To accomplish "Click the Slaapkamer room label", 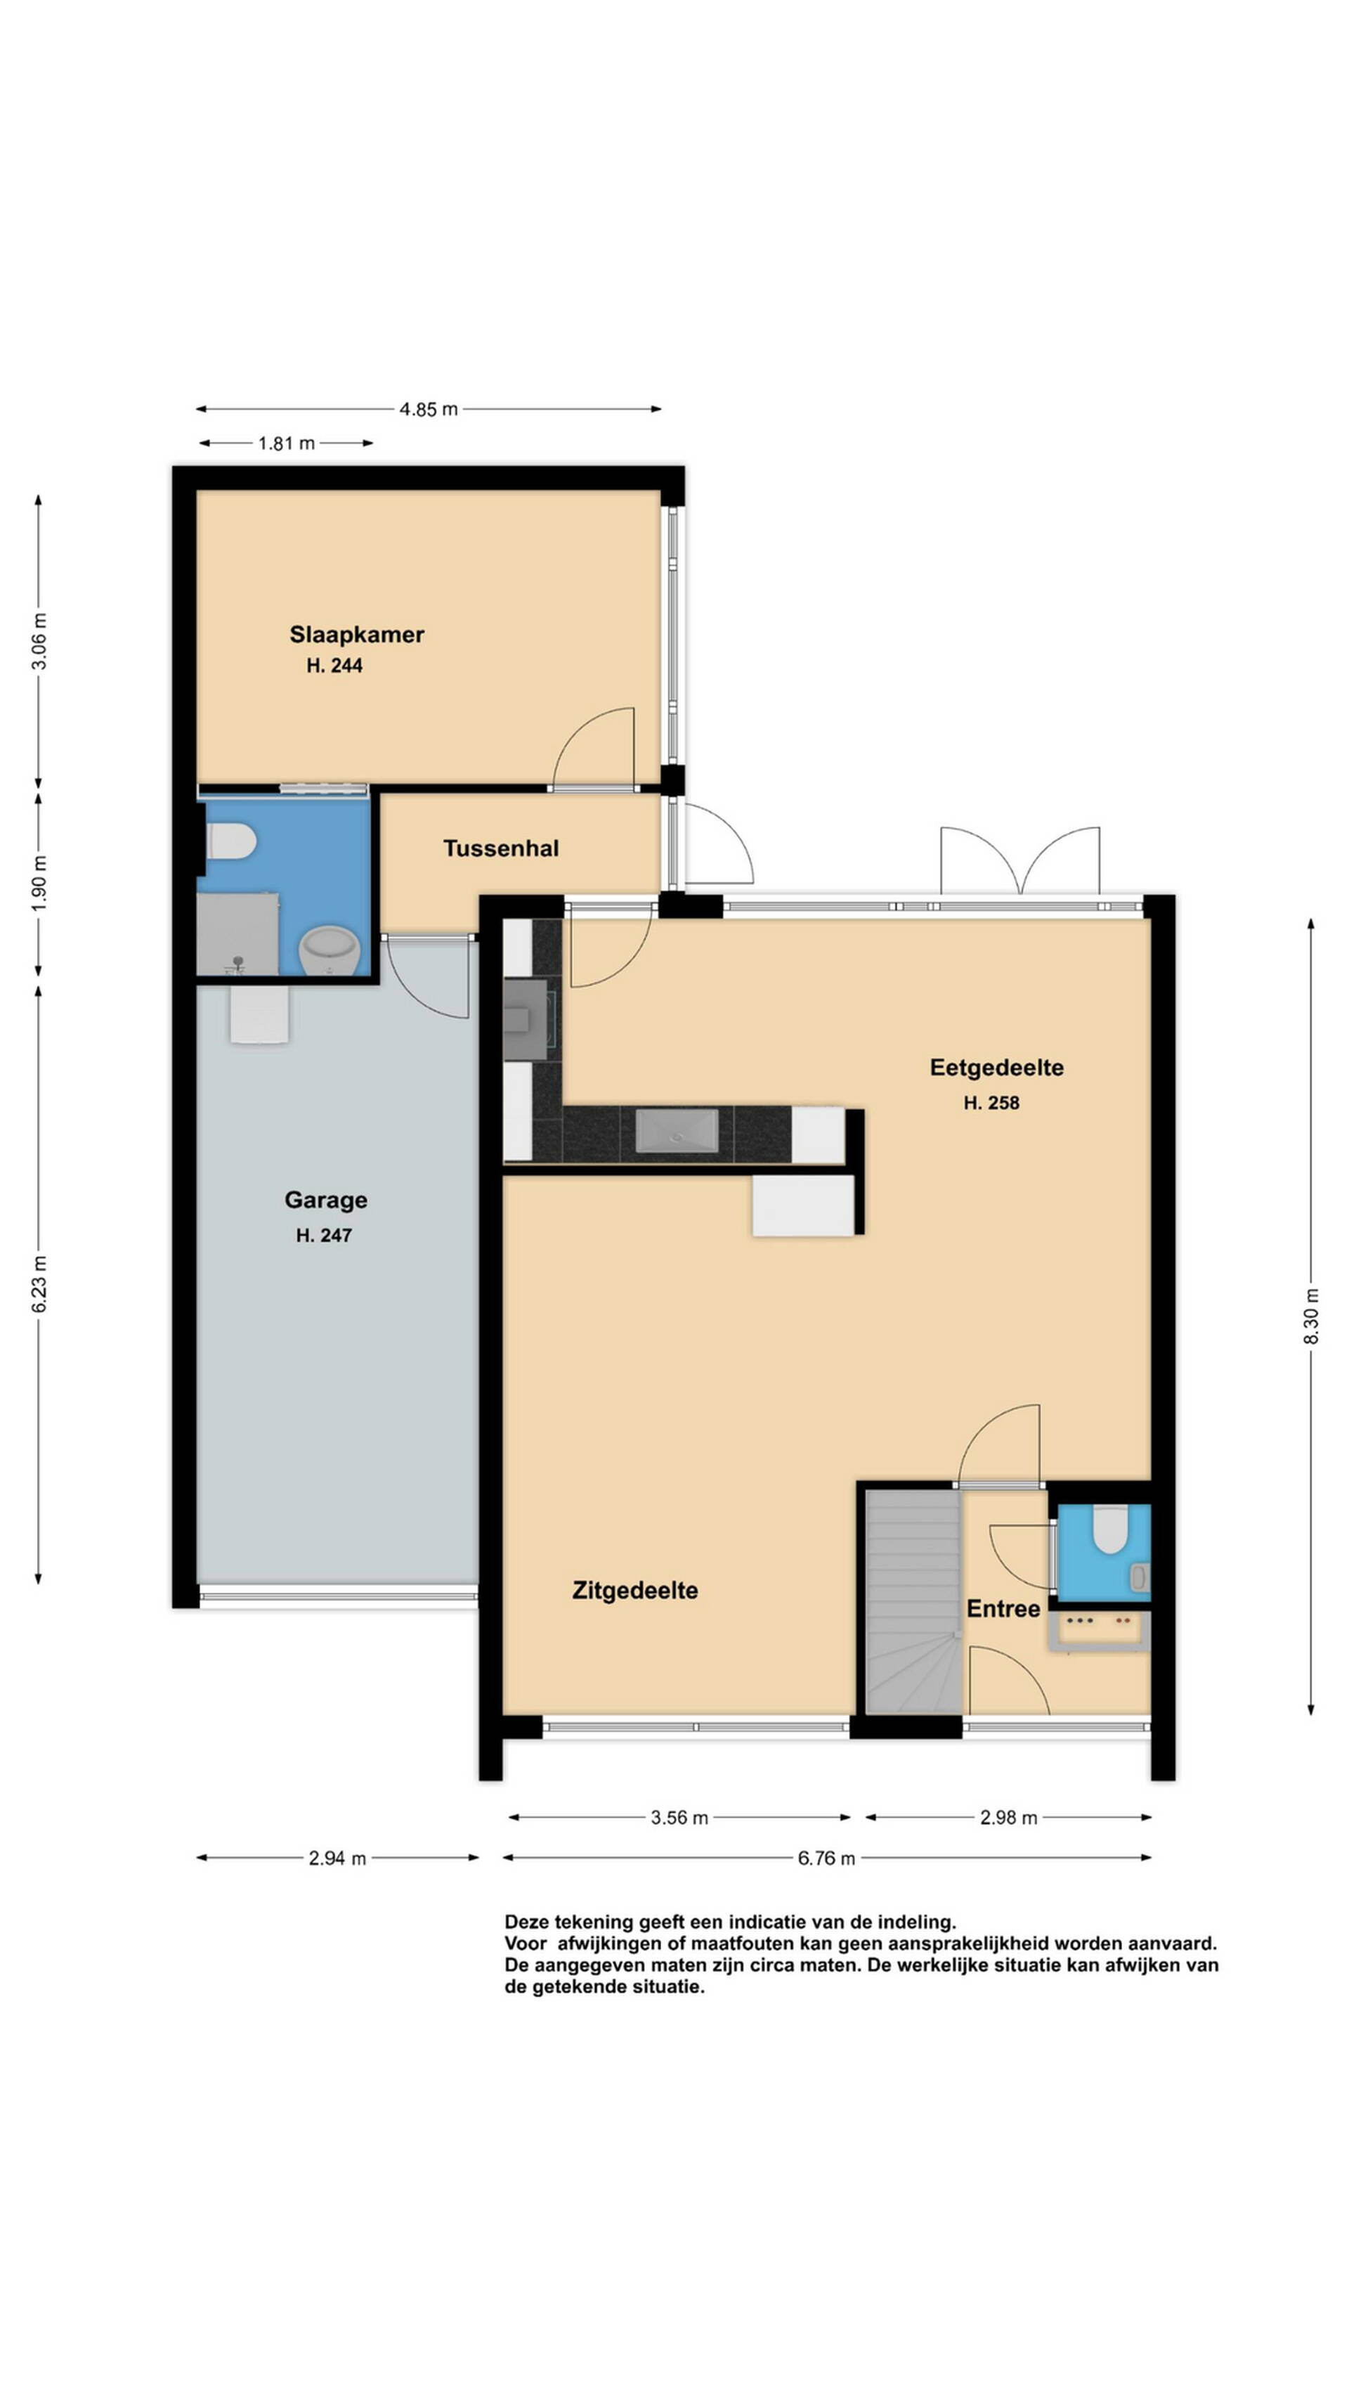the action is pos(356,634).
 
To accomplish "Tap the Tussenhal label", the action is pos(501,848).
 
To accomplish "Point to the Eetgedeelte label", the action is pos(996,1067).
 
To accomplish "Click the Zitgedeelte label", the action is pos(635,1590).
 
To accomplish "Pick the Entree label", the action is pos(1003,1608).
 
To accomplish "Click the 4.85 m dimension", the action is pos(429,409).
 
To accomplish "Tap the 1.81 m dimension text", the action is pos(286,444).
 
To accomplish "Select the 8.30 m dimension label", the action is pos(1312,1316).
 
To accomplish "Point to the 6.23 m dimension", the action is pos(39,1283).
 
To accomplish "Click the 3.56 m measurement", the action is pos(679,1817).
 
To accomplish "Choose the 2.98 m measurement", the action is pos(1008,1817).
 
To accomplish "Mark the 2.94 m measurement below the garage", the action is pos(337,1858).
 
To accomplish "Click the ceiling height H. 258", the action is pos(991,1103).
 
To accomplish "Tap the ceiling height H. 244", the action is pos(334,665).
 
